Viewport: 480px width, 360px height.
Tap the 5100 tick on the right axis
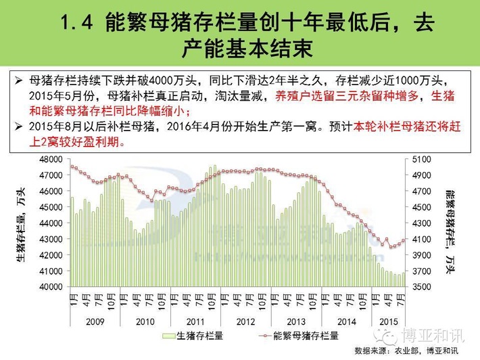coord(420,160)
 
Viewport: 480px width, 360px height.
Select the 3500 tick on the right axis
coord(420,287)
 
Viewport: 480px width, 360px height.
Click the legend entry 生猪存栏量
coord(196,335)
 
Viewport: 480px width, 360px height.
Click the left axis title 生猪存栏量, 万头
coord(23,223)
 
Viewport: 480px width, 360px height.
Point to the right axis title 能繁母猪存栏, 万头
coord(451,223)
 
